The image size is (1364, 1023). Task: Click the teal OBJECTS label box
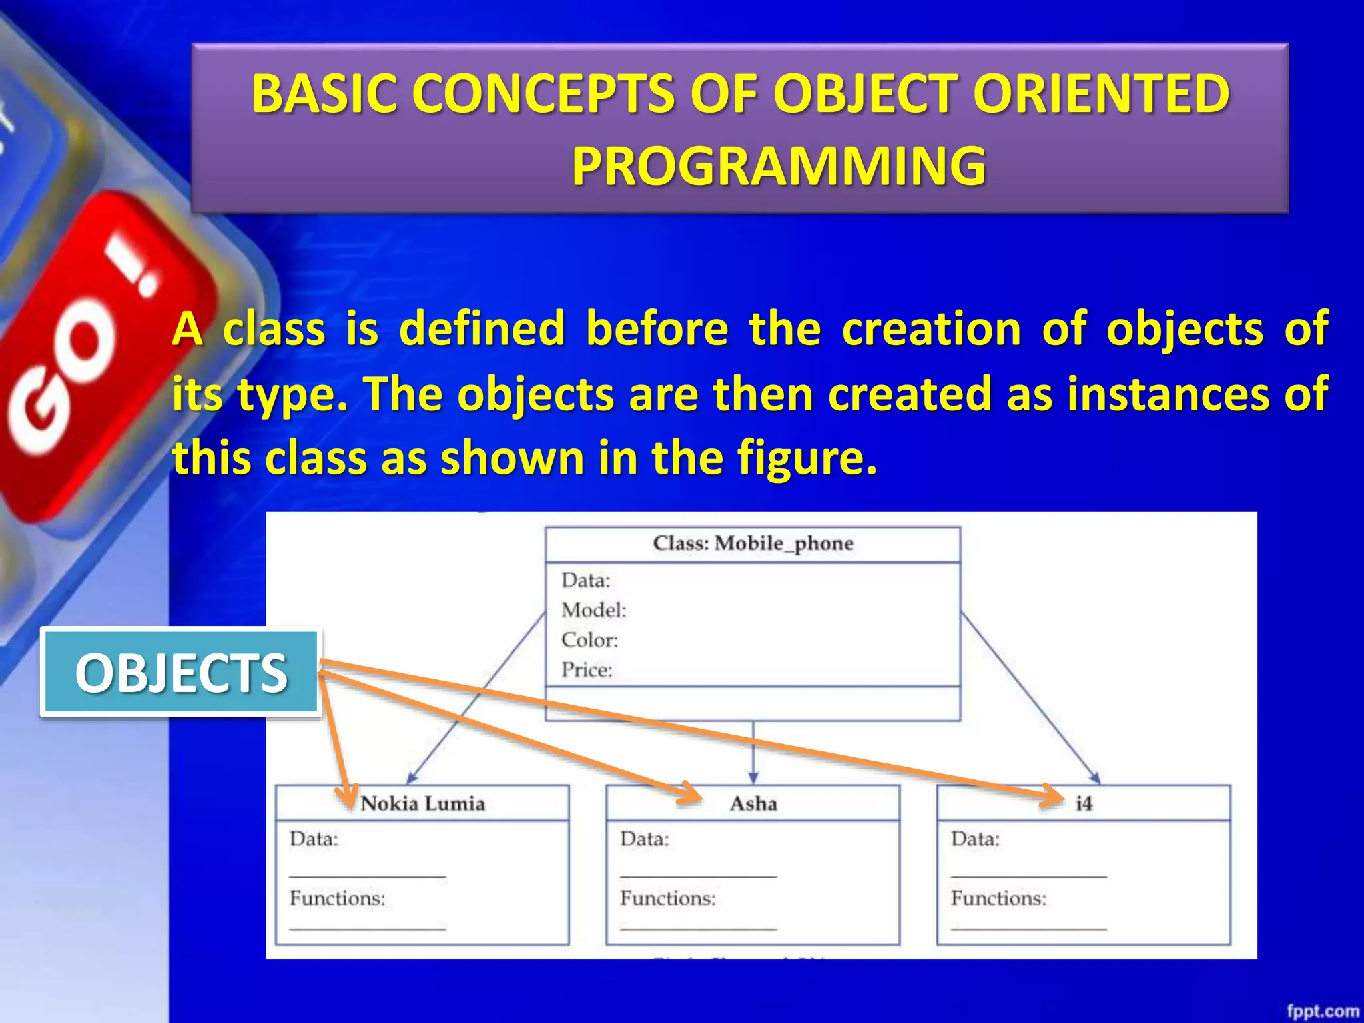tap(181, 673)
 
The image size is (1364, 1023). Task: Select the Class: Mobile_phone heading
tap(753, 543)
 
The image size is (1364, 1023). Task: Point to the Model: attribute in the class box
tap(594, 610)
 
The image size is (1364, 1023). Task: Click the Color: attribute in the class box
tap(590, 640)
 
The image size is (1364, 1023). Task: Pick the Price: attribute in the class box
tap(587, 669)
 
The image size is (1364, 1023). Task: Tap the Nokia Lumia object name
tap(423, 803)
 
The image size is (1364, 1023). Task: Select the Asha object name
tap(753, 803)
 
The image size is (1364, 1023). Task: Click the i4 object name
tap(1084, 803)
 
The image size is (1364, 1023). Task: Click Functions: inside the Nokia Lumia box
tap(338, 898)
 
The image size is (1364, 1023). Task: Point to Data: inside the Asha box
tap(645, 839)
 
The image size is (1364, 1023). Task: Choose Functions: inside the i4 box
tap(999, 898)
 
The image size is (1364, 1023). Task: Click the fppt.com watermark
tap(1323, 1011)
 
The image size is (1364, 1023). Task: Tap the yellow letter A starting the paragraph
tap(187, 329)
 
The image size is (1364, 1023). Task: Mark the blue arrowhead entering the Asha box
tap(753, 777)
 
